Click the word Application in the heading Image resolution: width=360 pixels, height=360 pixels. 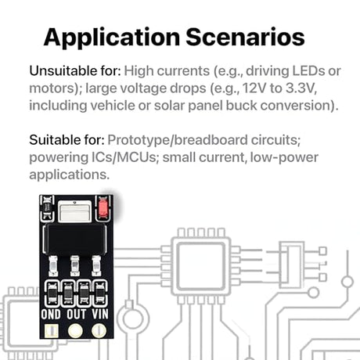(112, 38)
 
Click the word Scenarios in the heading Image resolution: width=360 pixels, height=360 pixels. (245, 37)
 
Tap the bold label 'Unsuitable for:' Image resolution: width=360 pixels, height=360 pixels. (75, 70)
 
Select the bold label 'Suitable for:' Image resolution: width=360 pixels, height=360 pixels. (67, 140)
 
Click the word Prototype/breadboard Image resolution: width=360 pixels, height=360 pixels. (178, 140)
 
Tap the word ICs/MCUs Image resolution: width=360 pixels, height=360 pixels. (124, 157)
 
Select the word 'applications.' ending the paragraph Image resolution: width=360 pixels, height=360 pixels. (70, 175)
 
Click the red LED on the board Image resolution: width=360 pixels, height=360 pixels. (103, 208)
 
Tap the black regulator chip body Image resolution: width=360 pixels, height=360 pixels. (75, 239)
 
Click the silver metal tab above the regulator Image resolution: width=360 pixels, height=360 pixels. (74, 212)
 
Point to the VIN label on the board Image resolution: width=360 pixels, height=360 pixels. (100, 314)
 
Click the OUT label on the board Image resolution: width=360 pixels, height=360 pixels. (76, 314)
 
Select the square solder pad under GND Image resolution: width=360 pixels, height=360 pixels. (51, 331)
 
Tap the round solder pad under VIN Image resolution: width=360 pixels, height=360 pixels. (99, 331)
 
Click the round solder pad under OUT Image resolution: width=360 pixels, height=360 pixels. (75, 331)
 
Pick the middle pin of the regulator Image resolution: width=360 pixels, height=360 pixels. (75, 265)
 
